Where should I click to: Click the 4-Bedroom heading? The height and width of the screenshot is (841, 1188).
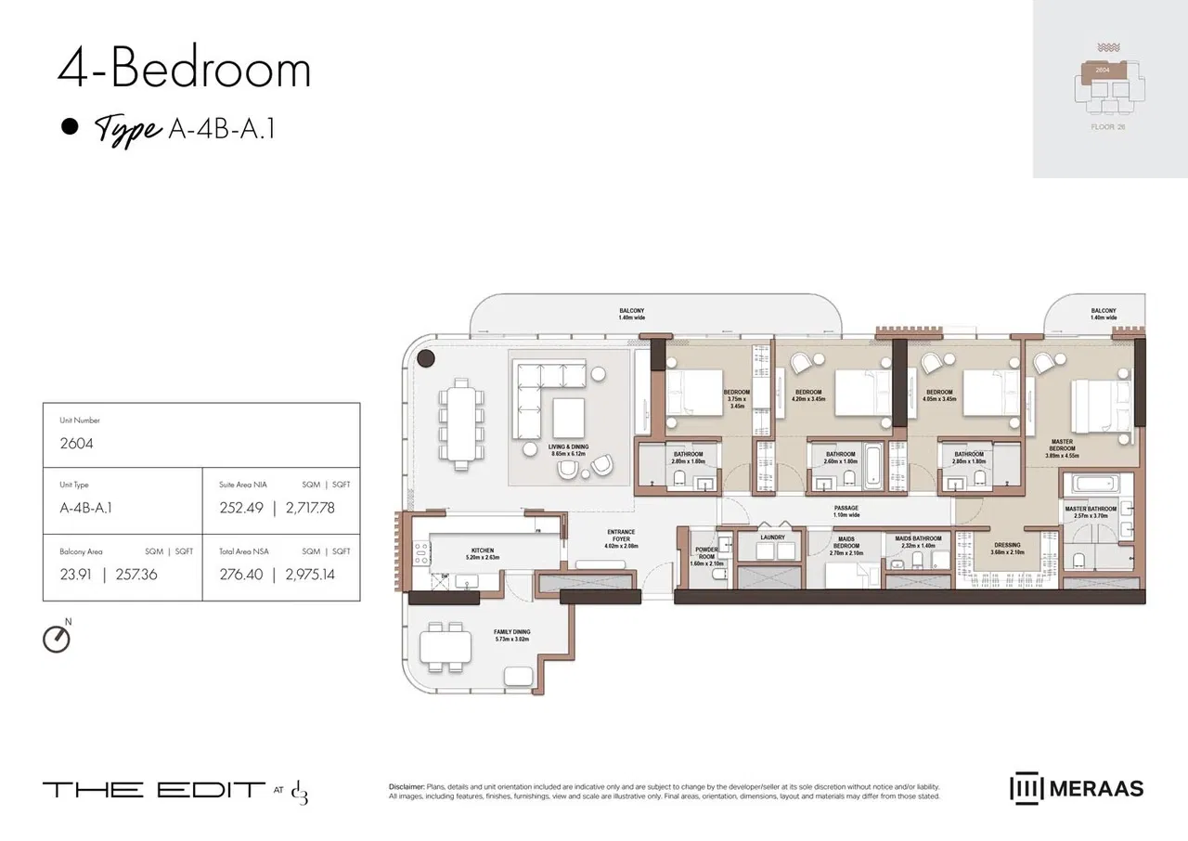[184, 71]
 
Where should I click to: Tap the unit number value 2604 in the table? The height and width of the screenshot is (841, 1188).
[76, 444]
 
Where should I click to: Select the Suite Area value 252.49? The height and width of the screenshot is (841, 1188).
[238, 508]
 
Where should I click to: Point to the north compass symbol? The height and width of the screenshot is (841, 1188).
[57, 638]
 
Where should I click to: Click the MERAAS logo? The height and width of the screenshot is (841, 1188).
[1077, 789]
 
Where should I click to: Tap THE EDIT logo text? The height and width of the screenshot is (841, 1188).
[153, 790]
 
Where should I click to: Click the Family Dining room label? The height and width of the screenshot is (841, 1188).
[511, 636]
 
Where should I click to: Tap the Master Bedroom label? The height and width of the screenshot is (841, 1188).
[1062, 448]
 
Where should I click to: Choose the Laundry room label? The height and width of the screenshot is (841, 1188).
[772, 537]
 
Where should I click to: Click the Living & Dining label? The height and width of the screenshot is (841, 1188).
[568, 450]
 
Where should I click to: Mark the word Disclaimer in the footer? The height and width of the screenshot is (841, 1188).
[407, 786]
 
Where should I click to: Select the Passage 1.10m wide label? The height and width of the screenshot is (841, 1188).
[846, 511]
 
